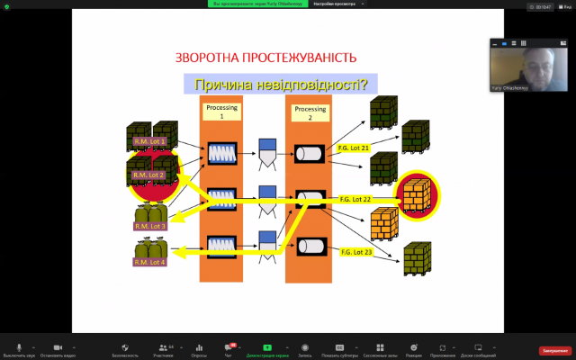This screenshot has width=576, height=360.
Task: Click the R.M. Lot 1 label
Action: (150, 142)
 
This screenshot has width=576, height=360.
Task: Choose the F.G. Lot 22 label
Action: (355, 198)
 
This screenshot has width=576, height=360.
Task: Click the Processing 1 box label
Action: (220, 112)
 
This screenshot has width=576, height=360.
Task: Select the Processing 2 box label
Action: (310, 112)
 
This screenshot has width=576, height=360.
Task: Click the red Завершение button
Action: (553, 350)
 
